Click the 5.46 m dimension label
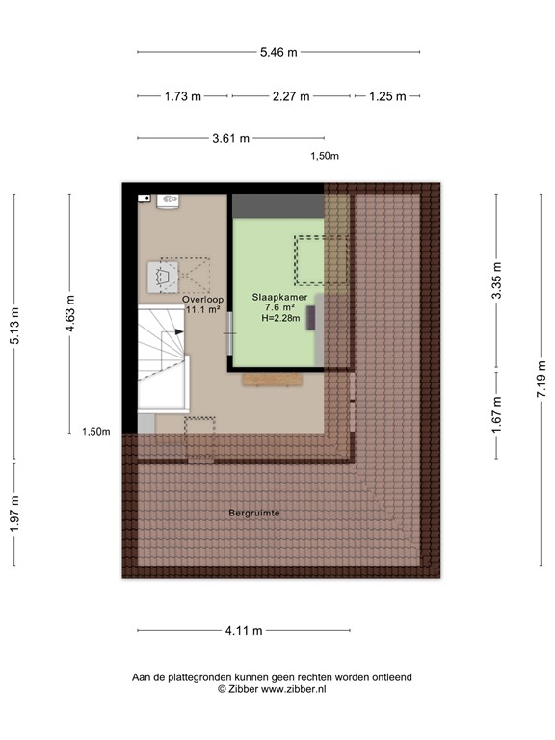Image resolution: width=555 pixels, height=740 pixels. point(278,51)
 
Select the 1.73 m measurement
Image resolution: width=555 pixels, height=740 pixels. point(182,96)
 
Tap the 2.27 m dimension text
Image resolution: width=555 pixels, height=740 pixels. point(290,96)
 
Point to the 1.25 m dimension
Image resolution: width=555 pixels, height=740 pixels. point(387,96)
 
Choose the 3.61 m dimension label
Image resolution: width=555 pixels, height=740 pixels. point(230,138)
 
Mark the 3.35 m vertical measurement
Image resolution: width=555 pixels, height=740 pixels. point(497,280)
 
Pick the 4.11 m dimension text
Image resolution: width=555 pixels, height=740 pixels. point(244,631)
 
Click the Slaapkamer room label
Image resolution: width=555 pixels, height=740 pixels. point(280,298)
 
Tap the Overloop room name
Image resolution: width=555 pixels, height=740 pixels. point(202,300)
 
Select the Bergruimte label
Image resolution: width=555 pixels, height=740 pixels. point(254,514)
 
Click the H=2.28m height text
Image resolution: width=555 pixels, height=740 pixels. point(280,320)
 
